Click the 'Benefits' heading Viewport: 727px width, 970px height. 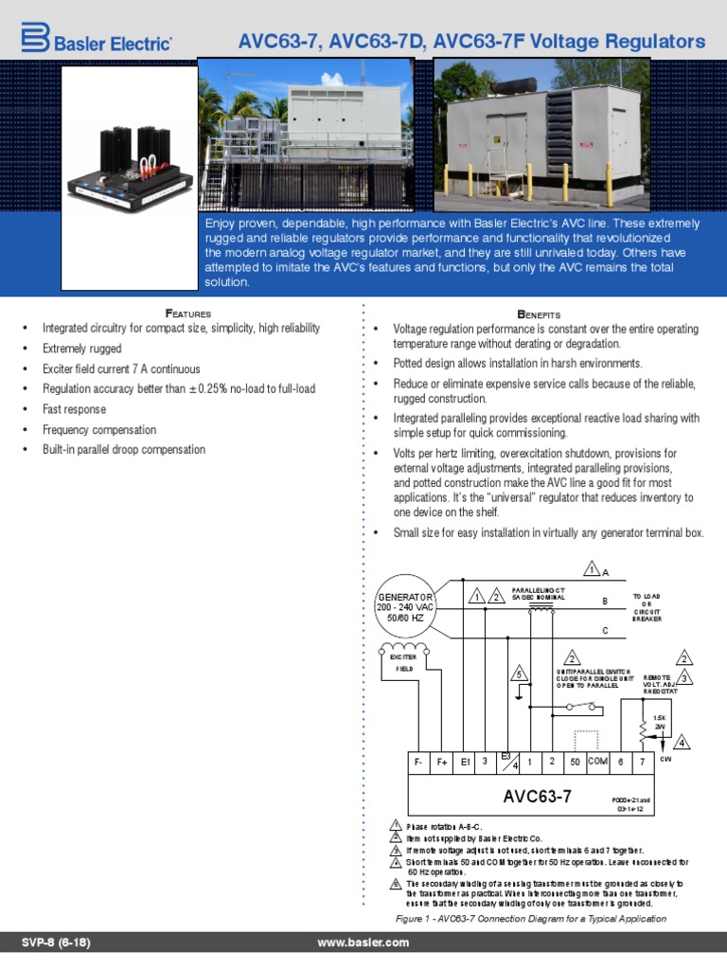[x=540, y=313]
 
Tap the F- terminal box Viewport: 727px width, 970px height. [x=418, y=762]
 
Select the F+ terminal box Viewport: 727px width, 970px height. [x=442, y=762]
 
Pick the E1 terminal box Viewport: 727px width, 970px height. [x=466, y=762]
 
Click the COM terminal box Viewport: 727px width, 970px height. [x=598, y=762]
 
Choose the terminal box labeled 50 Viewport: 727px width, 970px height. [x=575, y=762]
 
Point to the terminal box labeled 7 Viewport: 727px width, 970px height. [x=644, y=762]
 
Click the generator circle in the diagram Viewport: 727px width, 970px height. [x=405, y=605]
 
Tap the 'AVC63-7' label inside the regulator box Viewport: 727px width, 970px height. [x=537, y=797]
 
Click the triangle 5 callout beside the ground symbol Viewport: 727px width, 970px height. [x=519, y=674]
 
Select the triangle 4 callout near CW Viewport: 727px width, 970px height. [x=681, y=743]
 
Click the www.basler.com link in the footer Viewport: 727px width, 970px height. [x=363, y=943]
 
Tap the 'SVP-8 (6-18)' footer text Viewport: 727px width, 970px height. [x=57, y=943]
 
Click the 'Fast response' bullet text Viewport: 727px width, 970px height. [x=74, y=409]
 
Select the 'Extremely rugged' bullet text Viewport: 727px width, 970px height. [x=81, y=349]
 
